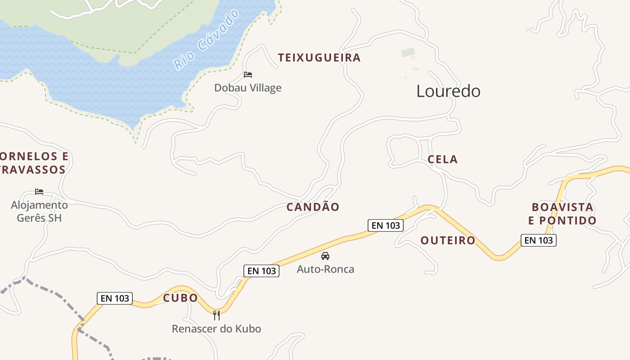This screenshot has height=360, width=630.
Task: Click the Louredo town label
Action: tap(448, 91)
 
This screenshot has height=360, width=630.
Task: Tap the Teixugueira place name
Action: tap(319, 58)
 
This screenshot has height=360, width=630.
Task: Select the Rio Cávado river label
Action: tap(207, 40)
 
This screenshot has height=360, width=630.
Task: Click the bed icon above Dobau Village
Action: tap(248, 75)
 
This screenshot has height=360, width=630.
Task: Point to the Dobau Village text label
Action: tap(247, 88)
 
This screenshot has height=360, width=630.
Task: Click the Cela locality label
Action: tap(442, 159)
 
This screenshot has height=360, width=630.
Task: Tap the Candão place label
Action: tap(313, 207)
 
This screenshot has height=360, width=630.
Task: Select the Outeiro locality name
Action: tap(448, 240)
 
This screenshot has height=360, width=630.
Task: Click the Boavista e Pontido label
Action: tap(562, 214)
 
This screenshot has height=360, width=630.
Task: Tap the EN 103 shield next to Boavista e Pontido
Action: tap(539, 240)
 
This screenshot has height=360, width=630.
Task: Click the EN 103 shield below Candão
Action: tap(386, 225)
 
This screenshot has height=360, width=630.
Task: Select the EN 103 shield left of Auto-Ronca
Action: tap(261, 271)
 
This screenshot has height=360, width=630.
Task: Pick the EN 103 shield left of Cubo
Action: tap(115, 298)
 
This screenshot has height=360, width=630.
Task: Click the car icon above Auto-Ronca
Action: tap(325, 256)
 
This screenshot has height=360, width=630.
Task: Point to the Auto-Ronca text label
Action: tap(325, 269)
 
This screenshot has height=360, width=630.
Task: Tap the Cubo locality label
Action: tap(180, 298)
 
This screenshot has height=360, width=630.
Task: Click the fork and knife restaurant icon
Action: tap(216, 315)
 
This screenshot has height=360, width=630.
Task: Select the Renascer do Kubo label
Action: tap(216, 329)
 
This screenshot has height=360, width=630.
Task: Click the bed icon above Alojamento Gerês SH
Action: tap(39, 192)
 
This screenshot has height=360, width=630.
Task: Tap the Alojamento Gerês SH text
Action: tap(39, 211)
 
